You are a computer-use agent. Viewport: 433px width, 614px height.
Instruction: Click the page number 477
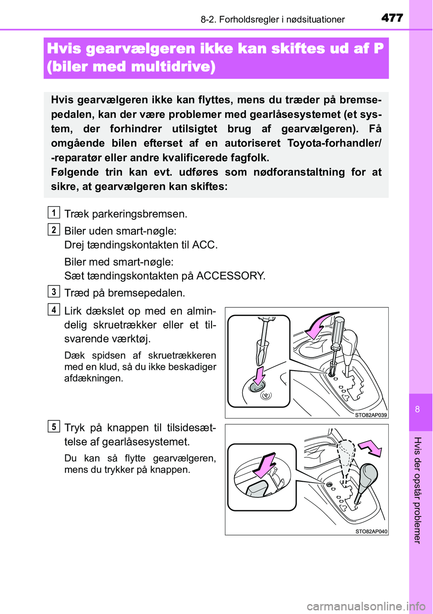(x=392, y=18)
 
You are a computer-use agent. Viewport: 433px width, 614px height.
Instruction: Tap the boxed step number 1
(x=54, y=212)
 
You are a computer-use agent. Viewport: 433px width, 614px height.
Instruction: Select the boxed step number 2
(x=54, y=229)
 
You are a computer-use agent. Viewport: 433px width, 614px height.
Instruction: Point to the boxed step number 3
(x=54, y=292)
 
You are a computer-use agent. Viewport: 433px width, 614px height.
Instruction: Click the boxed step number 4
(x=54, y=310)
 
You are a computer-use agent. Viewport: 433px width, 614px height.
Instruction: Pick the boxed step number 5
(x=54, y=427)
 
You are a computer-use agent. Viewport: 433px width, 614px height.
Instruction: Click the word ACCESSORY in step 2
(x=230, y=276)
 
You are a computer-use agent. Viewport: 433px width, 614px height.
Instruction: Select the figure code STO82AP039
(x=371, y=415)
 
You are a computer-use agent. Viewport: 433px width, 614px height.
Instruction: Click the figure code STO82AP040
(x=371, y=531)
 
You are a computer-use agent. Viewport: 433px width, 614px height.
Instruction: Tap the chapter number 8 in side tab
(x=418, y=409)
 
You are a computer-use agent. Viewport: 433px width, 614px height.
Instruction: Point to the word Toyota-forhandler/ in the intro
(x=334, y=143)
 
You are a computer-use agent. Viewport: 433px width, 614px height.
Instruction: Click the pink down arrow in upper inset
(x=259, y=375)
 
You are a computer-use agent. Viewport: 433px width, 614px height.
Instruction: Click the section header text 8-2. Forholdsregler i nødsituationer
(x=272, y=19)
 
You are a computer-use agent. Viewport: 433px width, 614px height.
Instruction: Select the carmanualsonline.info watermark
(x=366, y=606)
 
